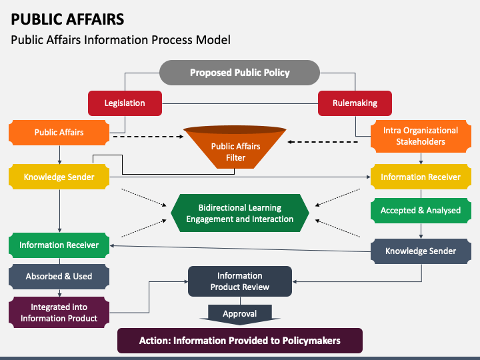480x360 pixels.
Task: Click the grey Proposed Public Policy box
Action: pos(240,73)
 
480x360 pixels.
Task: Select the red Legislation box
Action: pos(125,103)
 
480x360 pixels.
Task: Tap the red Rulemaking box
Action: pos(355,103)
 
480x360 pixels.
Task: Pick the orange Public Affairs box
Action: pos(59,133)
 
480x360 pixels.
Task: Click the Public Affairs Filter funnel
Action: pos(235,147)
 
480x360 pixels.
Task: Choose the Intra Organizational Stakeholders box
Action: pos(421,136)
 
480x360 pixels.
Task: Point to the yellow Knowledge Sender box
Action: pos(59,177)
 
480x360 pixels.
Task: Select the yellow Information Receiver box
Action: pos(421,177)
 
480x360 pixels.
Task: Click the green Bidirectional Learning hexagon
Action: pos(240,213)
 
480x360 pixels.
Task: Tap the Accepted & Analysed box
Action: pos(421,211)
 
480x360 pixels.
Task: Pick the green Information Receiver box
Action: pos(59,245)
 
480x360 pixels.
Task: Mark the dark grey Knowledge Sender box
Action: pos(421,251)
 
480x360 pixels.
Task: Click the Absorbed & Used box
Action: pos(59,277)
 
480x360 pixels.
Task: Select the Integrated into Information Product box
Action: pos(59,313)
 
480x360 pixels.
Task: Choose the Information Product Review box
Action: pos(240,281)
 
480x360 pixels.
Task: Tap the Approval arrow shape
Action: pos(240,315)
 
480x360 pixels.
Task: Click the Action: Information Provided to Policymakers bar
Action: pos(240,341)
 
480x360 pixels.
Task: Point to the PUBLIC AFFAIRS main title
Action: pos(67,19)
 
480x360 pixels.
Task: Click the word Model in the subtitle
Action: pos(213,40)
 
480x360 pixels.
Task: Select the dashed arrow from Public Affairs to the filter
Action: pos(149,137)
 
